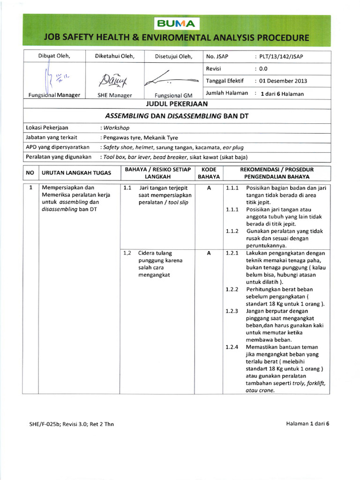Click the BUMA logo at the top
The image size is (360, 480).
coord(176,23)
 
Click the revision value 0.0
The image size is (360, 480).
coord(264,68)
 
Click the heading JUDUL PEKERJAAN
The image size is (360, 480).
coord(177,104)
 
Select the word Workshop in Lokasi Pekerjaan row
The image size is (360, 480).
coord(117,127)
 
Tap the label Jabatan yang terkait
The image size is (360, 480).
coord(52,137)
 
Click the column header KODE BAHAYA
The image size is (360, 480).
coord(209,173)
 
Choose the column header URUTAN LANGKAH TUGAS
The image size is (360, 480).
coord(76,173)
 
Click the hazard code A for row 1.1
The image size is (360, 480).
coord(209,188)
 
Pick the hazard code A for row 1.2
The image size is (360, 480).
coord(209,253)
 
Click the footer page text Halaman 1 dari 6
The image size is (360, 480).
coord(308,424)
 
